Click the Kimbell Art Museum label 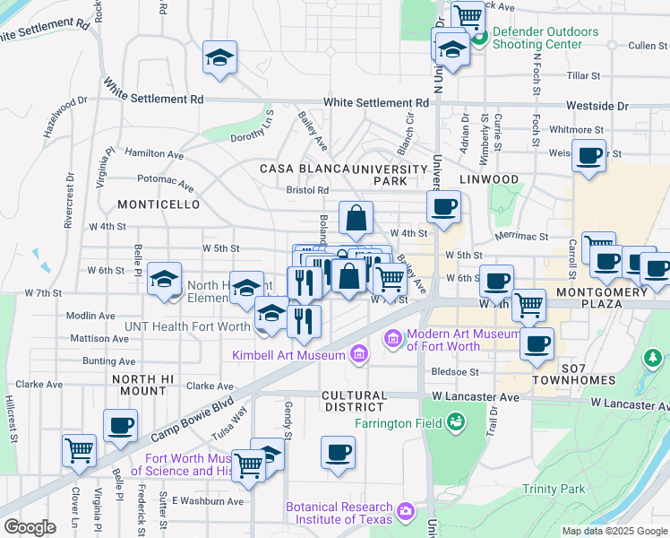[288, 356]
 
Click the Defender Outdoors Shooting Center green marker [478, 39]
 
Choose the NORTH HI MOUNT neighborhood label [139, 386]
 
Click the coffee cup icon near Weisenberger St [588, 156]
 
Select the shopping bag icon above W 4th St [356, 217]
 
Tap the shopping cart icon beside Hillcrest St [80, 449]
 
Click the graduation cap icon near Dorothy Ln [219, 58]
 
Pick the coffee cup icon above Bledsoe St [537, 344]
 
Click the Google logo [30, 527]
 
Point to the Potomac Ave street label [166, 183]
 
